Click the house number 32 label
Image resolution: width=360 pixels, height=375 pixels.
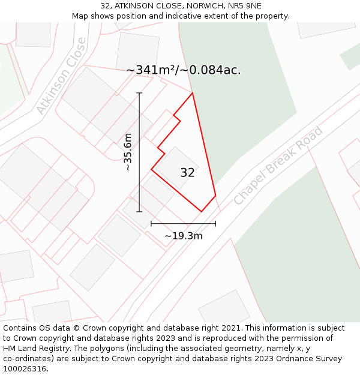tap(187, 173)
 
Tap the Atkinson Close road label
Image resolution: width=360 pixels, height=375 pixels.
tap(61, 76)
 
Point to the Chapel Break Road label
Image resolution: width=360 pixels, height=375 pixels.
tap(278, 165)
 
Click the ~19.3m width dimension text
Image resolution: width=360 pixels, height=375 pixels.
tap(183, 236)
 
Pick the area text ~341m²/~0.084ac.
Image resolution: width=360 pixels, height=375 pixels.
tap(183, 70)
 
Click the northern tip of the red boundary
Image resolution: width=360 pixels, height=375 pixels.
tap(193, 93)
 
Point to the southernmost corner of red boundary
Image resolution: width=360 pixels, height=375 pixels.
tap(202, 211)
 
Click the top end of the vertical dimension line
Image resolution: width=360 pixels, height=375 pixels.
tap(139, 93)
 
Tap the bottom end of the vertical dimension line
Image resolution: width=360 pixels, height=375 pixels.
tap(139, 211)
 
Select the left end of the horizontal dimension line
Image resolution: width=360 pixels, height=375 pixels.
tap(151, 224)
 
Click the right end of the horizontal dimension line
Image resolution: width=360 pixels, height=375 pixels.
tap(215, 224)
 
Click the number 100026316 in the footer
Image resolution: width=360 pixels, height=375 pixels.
tap(25, 369)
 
